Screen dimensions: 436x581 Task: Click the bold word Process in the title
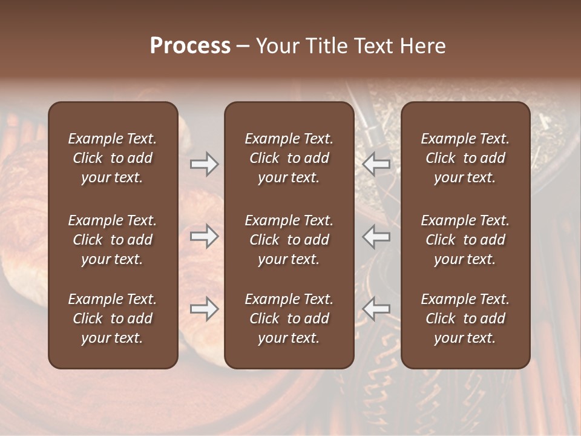190,45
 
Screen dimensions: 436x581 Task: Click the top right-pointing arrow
204,163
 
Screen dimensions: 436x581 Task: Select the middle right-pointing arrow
204,236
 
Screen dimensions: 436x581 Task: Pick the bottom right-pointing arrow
204,309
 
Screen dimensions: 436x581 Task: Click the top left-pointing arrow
376,163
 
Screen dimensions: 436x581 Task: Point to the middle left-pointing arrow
376,236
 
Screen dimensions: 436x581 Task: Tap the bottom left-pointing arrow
376,309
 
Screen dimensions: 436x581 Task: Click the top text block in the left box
113,158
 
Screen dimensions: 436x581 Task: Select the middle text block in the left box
113,240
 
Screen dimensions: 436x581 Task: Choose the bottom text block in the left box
113,319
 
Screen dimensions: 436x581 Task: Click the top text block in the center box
289,158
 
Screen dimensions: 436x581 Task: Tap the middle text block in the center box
289,240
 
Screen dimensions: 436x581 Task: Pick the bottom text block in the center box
289,319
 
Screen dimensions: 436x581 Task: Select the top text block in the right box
465,158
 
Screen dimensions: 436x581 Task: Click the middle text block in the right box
465,240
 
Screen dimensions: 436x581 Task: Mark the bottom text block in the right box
465,319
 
